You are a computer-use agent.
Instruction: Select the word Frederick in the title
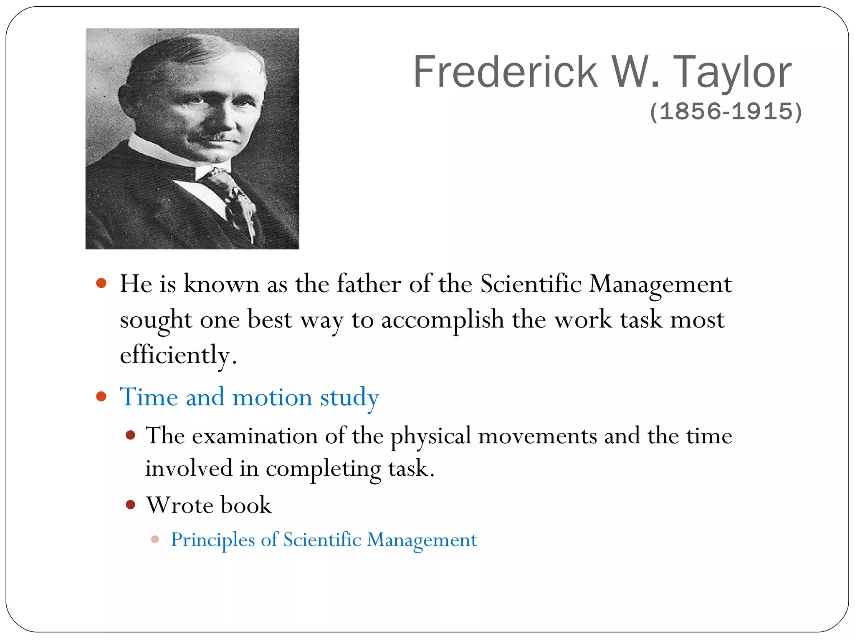click(x=505, y=72)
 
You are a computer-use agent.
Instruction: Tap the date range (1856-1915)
click(x=726, y=111)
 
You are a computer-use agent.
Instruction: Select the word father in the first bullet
click(x=369, y=284)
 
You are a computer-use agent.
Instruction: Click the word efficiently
click(x=175, y=356)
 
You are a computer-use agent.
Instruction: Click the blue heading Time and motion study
click(x=249, y=396)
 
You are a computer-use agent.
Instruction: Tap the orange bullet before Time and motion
click(x=101, y=396)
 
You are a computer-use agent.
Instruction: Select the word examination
click(x=255, y=436)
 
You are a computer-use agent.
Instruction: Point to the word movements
click(x=537, y=436)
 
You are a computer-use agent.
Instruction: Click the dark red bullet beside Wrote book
click(x=131, y=505)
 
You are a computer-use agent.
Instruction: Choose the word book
click(x=246, y=505)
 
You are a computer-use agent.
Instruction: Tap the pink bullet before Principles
click(x=155, y=539)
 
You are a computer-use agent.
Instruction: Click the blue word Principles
click(x=213, y=540)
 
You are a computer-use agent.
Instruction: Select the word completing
click(x=324, y=469)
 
